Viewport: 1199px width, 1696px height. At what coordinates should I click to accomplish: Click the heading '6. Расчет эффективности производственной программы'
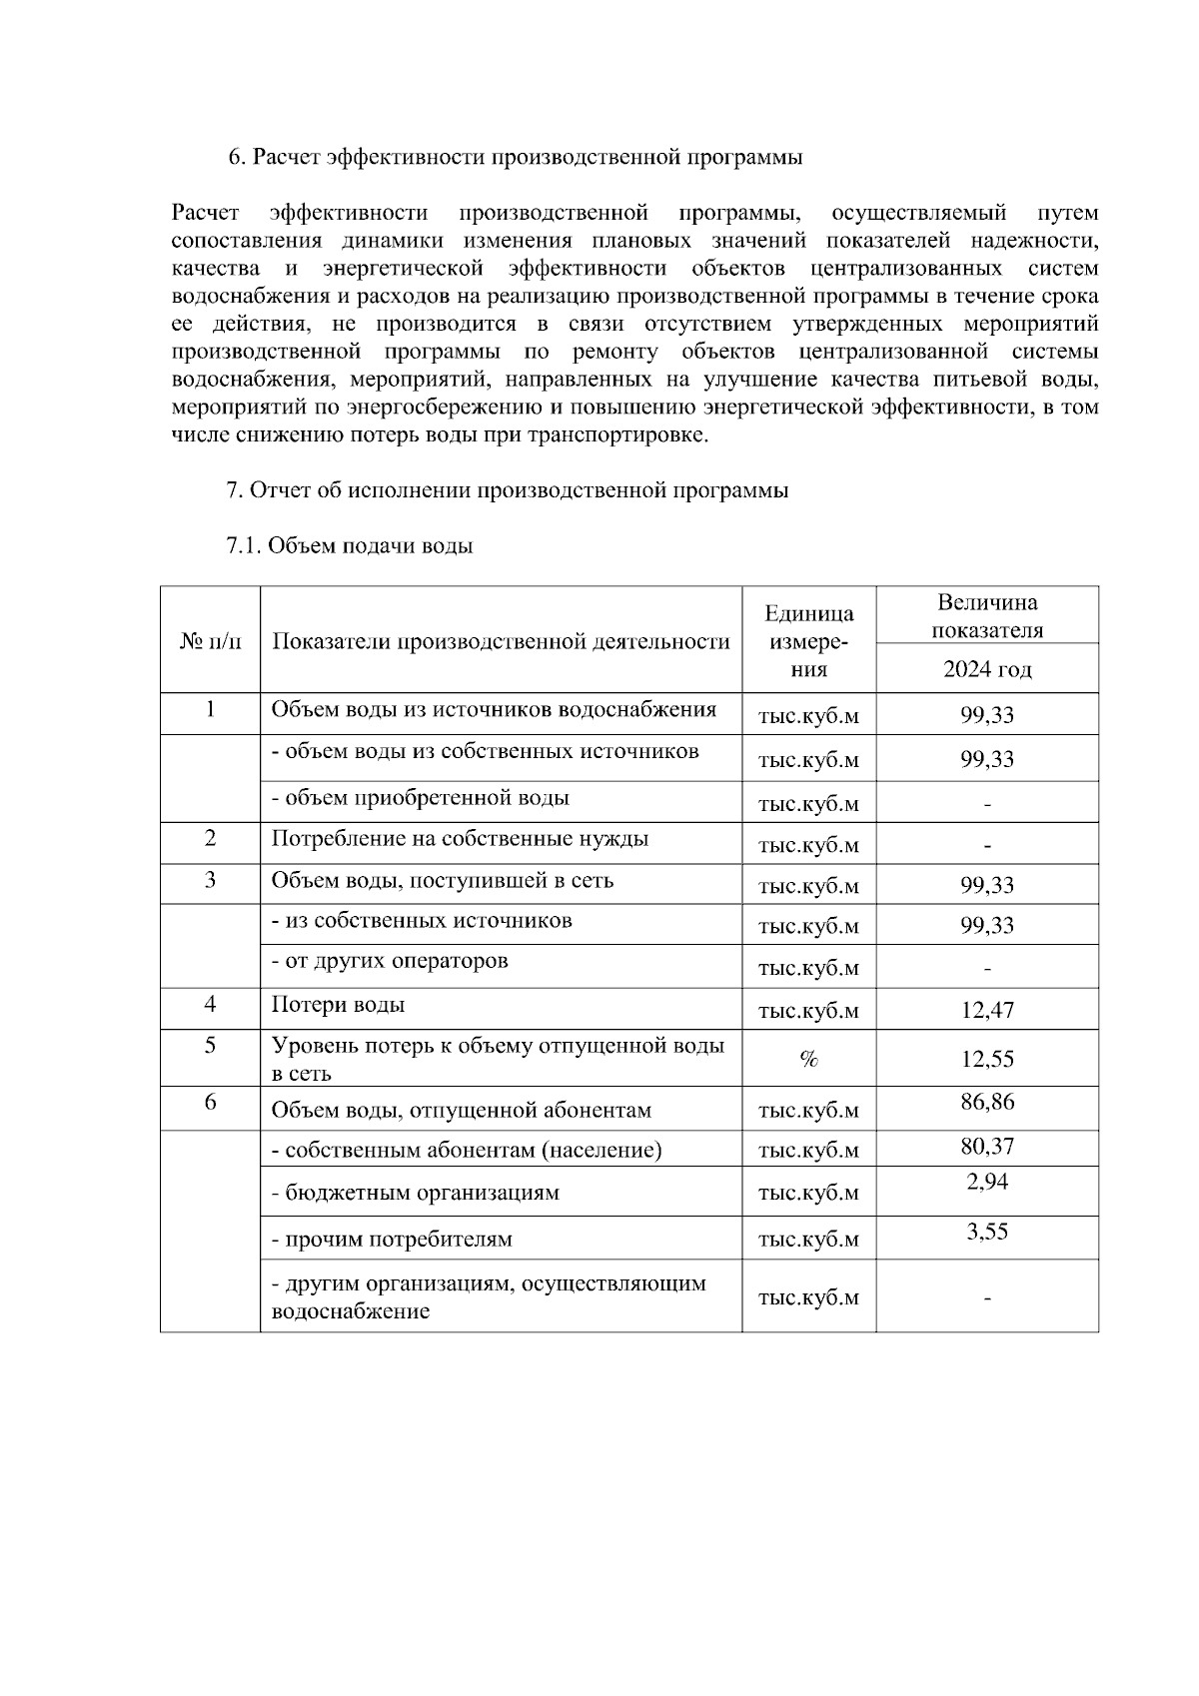(x=515, y=158)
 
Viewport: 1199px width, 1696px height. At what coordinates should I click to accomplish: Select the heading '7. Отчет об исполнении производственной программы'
(x=508, y=490)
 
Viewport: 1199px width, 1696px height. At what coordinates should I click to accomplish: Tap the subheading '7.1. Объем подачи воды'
(x=350, y=546)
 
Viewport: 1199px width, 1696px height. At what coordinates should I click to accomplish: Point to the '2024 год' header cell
(x=986, y=669)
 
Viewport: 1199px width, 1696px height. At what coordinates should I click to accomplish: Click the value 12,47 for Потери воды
(x=986, y=1010)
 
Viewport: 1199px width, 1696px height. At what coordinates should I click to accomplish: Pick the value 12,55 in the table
(x=986, y=1059)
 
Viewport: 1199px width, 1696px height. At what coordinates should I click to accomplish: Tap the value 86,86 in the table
(x=986, y=1102)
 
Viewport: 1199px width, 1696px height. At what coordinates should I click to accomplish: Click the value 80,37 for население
(x=986, y=1146)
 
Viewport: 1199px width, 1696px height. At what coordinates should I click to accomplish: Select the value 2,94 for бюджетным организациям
(x=986, y=1183)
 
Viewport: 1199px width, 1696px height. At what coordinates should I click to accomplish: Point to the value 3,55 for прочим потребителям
(x=986, y=1232)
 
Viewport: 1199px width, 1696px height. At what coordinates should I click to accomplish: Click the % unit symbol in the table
(x=808, y=1060)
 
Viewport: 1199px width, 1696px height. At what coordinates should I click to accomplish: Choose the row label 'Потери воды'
(x=338, y=1006)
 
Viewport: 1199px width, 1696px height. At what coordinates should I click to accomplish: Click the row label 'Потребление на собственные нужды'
(x=460, y=839)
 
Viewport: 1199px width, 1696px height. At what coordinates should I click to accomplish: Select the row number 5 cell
(x=210, y=1045)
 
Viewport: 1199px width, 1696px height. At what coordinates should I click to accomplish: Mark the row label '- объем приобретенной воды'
(x=421, y=798)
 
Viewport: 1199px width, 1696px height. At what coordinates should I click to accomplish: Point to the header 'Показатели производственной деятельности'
(x=501, y=641)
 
